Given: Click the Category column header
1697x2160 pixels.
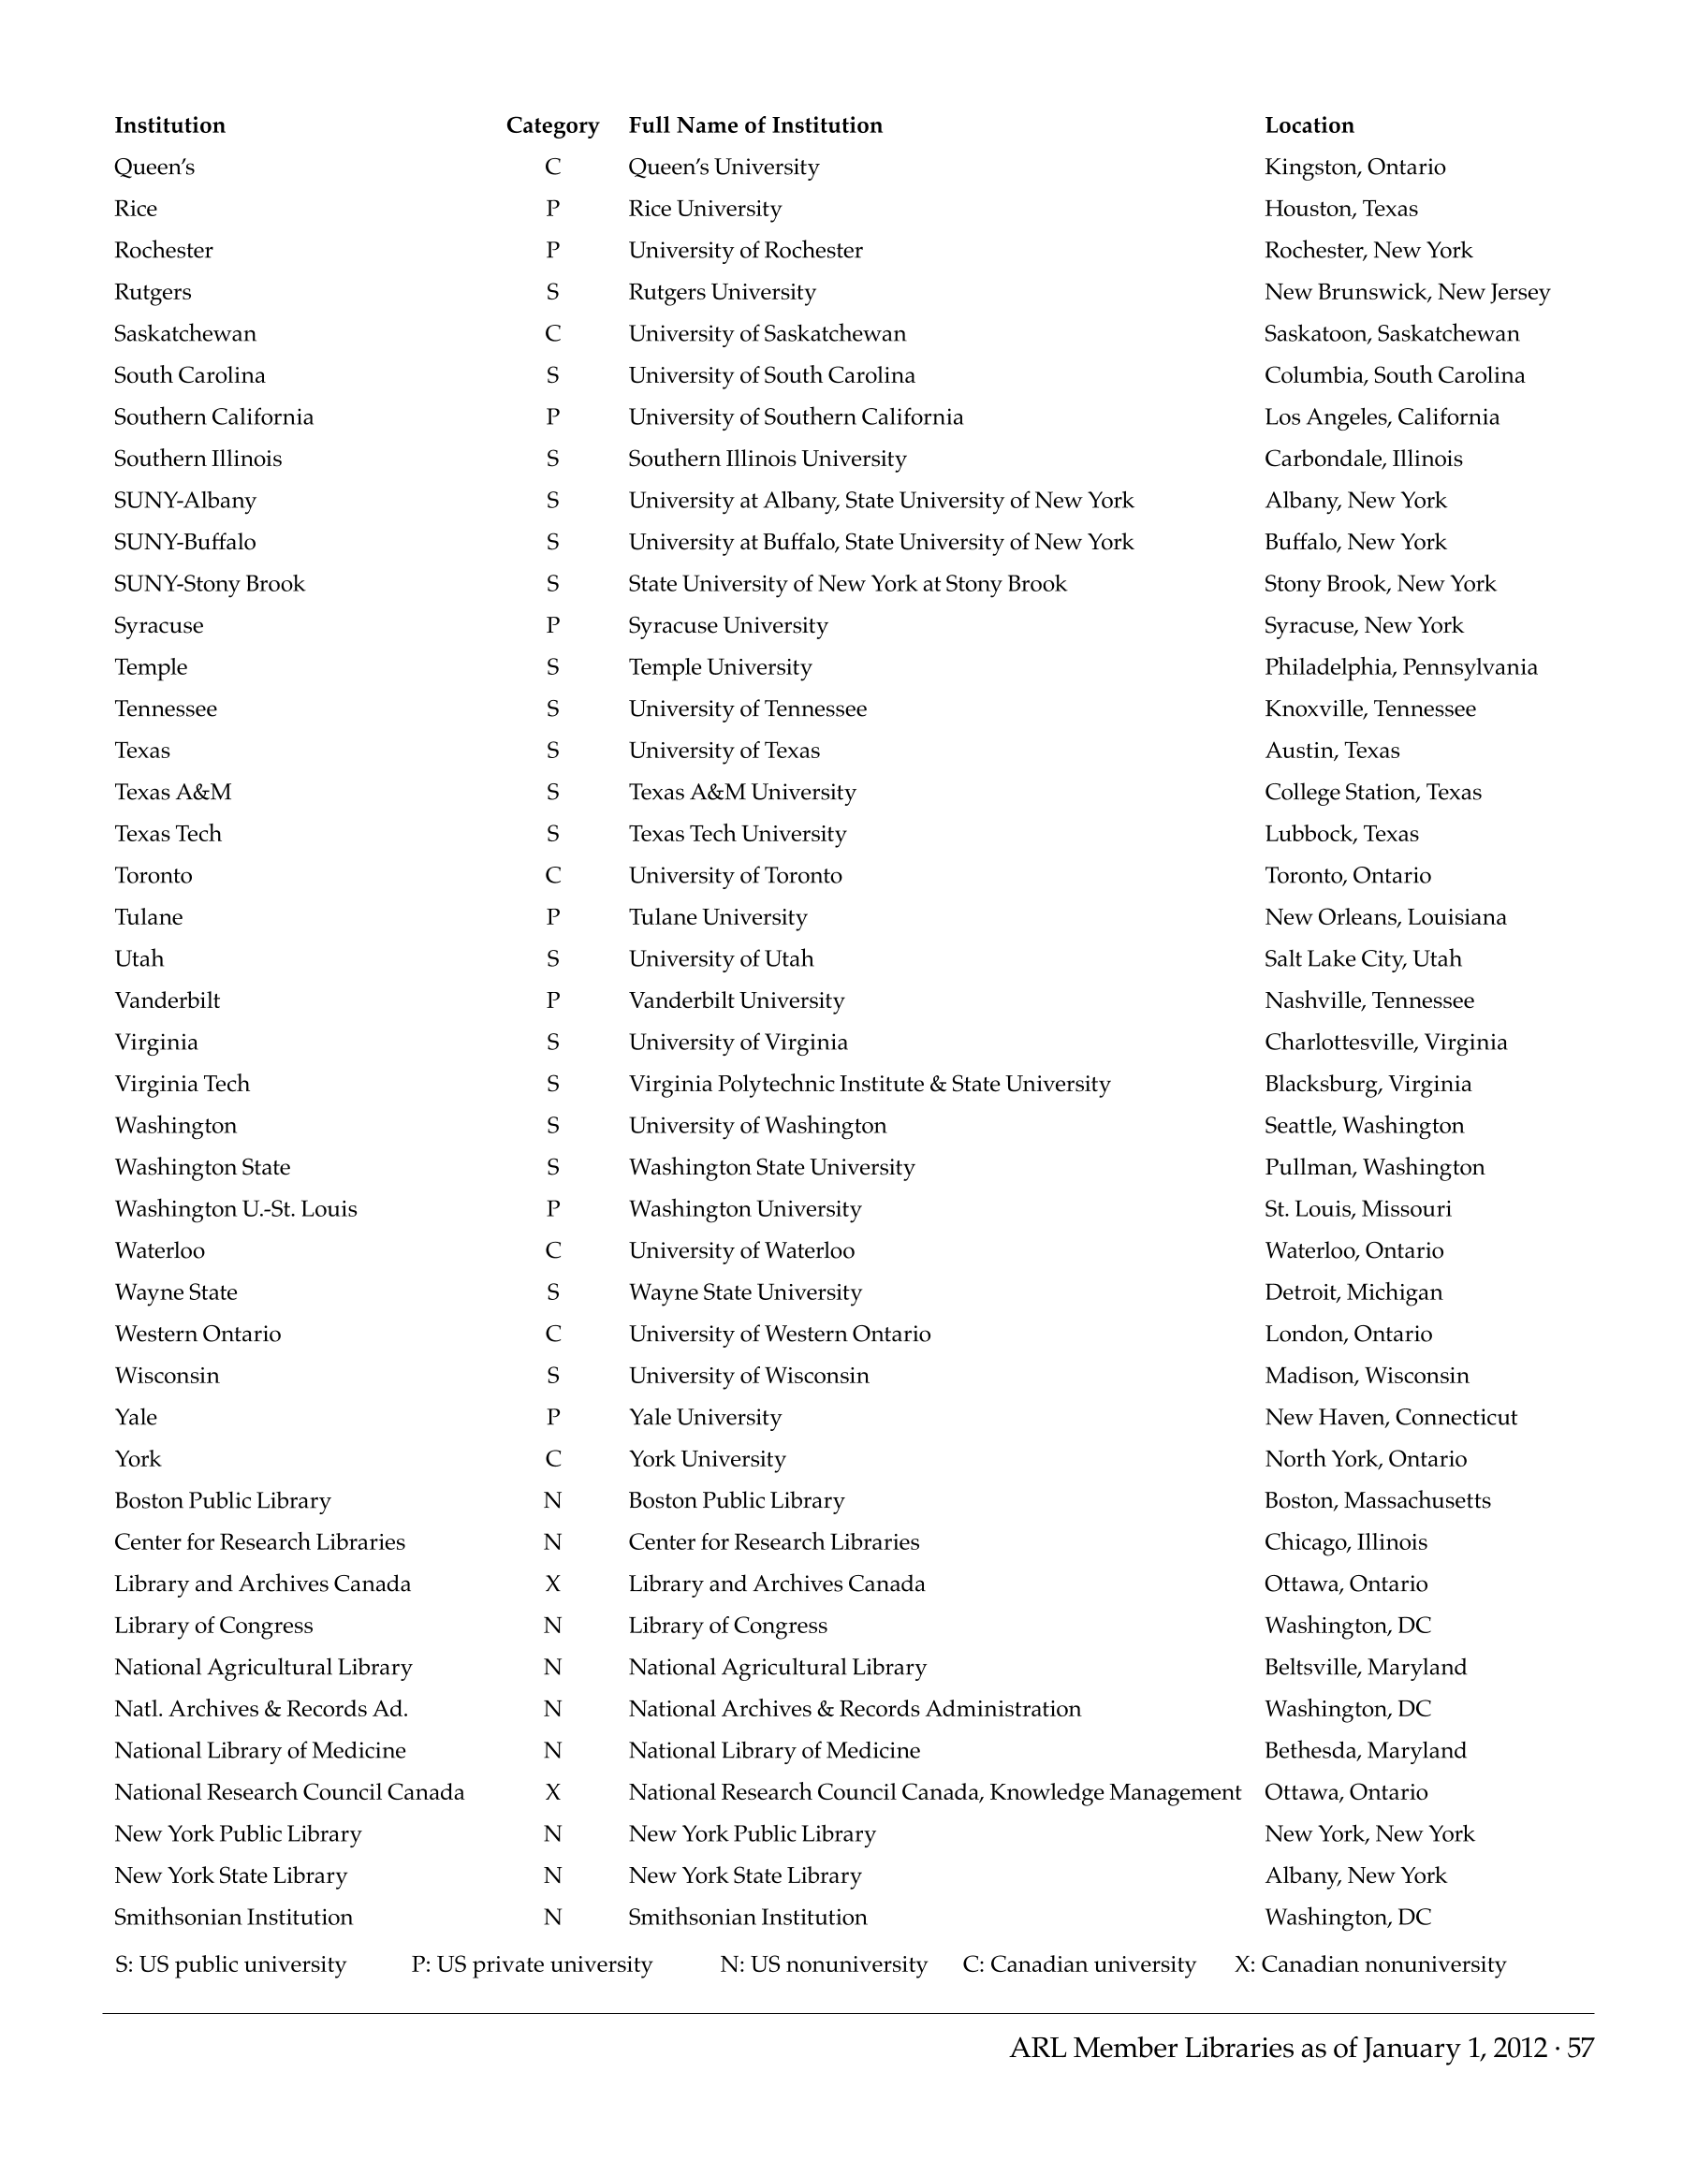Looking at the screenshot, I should point(552,125).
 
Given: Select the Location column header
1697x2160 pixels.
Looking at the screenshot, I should point(1309,125).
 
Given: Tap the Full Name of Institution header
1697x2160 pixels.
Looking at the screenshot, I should point(755,125).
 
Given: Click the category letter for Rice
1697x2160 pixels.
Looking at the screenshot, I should point(552,209).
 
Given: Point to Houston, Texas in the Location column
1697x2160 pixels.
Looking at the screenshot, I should point(1340,209).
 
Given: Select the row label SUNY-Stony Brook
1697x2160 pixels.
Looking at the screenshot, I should point(210,584).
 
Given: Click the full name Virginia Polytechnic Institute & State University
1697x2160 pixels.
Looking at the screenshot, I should point(870,1084).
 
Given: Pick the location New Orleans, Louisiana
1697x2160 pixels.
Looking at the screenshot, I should point(1385,917).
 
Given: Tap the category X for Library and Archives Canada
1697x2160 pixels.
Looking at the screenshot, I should point(552,1584).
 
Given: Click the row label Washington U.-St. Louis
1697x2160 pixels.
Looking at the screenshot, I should point(236,1209).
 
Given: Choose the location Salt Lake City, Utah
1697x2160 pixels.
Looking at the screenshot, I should point(1362,958).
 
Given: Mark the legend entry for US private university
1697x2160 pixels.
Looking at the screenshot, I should point(532,1964).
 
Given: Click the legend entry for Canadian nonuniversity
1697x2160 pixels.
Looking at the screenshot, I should point(1370,1964).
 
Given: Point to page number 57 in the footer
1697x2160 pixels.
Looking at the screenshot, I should point(1580,2048).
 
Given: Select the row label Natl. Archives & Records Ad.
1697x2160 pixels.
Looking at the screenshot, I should point(261,1709).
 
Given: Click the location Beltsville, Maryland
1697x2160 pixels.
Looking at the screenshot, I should point(1365,1667).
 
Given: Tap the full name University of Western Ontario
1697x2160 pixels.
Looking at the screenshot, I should point(779,1334).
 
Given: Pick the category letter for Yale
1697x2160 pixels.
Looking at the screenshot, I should point(552,1417).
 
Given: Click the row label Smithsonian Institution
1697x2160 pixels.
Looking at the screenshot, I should point(233,1917).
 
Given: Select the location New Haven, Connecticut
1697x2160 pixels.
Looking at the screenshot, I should point(1390,1417).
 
